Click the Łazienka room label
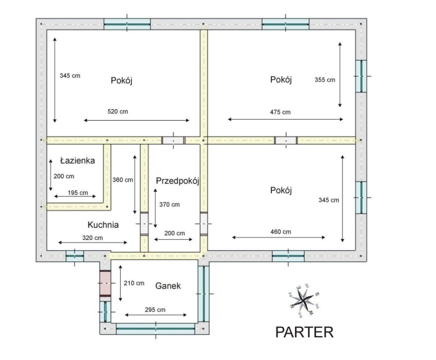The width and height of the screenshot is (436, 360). pos(78,160)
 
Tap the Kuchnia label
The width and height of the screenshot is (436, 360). pos(103,225)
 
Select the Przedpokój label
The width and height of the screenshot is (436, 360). pos(177,181)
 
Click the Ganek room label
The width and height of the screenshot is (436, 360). pos(168,286)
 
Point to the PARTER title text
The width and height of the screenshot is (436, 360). pos(304,332)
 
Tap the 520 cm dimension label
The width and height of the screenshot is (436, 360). pos(118,111)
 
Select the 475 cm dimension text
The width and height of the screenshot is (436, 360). pos(280,112)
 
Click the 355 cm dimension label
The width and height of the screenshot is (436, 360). pos(325,80)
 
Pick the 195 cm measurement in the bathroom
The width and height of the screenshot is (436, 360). pos(78,192)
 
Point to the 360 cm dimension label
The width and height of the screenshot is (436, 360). pos(123,180)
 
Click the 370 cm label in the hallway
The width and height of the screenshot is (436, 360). pos(169,204)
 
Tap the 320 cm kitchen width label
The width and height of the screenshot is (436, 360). pos(93,238)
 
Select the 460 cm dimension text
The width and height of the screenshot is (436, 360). pos(280,232)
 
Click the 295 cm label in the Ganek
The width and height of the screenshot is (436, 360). pos(155,310)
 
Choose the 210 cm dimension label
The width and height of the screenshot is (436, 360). pos(134,283)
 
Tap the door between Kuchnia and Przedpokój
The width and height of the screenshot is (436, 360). pos(144,223)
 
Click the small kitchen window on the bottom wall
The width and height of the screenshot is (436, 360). pos(75,256)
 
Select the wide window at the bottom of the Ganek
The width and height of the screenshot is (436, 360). pos(156,329)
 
